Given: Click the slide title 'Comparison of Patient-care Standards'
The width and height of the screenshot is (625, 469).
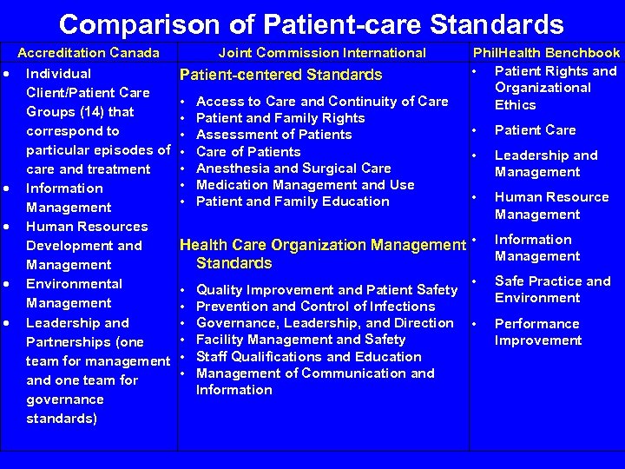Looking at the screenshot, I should (x=312, y=23).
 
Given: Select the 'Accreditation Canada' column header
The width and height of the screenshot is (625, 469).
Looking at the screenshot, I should (x=89, y=53).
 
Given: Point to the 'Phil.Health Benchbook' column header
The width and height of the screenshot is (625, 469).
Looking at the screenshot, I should (x=546, y=53).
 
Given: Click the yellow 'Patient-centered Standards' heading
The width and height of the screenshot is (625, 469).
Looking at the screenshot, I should (x=280, y=76).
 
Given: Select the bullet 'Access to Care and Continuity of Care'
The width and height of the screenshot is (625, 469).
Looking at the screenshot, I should (x=323, y=102).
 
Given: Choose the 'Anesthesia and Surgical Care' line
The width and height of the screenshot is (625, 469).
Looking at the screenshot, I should (x=294, y=168).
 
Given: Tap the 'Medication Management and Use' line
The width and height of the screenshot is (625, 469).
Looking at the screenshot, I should (x=306, y=184).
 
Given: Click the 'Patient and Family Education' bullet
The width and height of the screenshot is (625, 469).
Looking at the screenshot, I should (x=293, y=201).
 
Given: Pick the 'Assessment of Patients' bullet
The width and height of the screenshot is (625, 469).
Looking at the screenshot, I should (x=274, y=135).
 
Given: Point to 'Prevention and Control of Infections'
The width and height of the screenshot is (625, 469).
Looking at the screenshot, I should (x=316, y=306).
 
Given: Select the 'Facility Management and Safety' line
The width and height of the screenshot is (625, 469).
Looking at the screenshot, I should (x=301, y=340).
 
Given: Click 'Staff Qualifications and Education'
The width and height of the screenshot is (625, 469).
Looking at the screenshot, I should (x=309, y=356).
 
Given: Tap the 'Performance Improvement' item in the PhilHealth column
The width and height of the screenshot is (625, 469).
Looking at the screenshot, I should (x=537, y=332).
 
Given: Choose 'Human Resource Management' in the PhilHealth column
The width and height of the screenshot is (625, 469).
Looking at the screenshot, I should (x=551, y=205).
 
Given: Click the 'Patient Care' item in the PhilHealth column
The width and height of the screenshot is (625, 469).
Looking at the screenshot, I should (x=535, y=130).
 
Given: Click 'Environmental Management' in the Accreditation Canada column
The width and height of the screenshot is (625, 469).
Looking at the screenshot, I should (x=75, y=294).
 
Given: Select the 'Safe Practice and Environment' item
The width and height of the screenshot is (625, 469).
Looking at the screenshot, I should (x=552, y=289).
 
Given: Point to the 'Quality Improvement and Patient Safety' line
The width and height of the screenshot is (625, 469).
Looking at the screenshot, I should (x=327, y=289).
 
